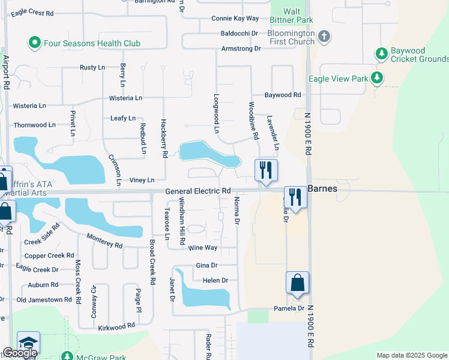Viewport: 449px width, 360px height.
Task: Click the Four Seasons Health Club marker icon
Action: (x=34, y=43)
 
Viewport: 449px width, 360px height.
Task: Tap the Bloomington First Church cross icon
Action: (x=324, y=37)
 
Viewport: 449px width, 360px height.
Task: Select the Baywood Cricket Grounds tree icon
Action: (x=381, y=53)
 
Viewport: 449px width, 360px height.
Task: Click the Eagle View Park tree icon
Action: (x=376, y=78)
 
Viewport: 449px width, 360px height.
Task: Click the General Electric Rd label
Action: (x=198, y=191)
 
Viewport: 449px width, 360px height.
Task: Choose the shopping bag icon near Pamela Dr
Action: (x=298, y=283)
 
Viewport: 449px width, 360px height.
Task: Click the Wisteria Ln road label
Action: (x=125, y=98)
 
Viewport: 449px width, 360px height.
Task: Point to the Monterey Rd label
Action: (x=104, y=241)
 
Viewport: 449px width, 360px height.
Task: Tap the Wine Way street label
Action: (x=203, y=247)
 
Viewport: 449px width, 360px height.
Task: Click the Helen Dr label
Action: (x=215, y=280)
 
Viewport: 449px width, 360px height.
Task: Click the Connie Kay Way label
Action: (x=235, y=19)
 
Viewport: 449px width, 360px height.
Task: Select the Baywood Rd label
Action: (x=283, y=95)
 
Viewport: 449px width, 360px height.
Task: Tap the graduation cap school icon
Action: (x=28, y=342)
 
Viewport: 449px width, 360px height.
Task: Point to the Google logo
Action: (x=19, y=353)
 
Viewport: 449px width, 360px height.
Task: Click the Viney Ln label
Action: (x=142, y=179)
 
